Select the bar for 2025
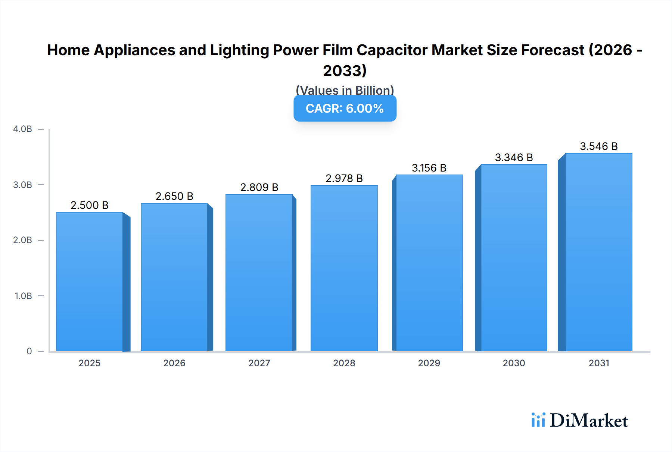90,282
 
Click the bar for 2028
344,269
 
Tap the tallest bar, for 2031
598,252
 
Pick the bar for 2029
429,263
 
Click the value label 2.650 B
174,196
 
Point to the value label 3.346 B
514,157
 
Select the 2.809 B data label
259,187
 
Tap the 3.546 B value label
598,146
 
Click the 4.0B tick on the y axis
22,129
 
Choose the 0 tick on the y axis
29,351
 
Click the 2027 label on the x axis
259,363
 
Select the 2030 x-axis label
514,363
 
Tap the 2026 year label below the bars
174,363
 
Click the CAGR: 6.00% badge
345,109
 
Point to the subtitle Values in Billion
345,90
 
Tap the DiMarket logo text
588,421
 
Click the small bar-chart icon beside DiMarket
538,420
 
